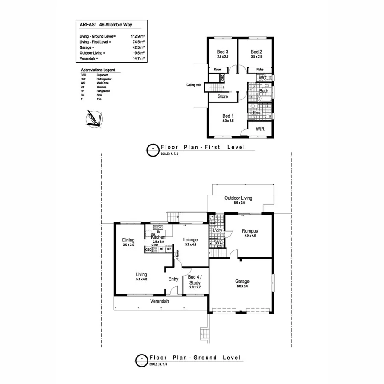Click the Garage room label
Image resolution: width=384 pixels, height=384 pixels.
242,282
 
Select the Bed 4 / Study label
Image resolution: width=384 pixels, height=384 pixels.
195,279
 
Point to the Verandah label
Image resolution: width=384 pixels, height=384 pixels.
160,301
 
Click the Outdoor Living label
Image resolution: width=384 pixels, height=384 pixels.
238,198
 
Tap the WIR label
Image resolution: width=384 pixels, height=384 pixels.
261,128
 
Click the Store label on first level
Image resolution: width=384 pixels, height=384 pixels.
223,96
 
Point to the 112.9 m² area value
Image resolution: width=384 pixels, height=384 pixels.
137,37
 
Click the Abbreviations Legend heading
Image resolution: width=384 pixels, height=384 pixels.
98,70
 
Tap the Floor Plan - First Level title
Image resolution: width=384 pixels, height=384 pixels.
202,147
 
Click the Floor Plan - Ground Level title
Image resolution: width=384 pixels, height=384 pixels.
195,358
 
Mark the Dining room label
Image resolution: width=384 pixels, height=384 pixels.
128,240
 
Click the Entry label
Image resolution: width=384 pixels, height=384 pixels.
173,279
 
